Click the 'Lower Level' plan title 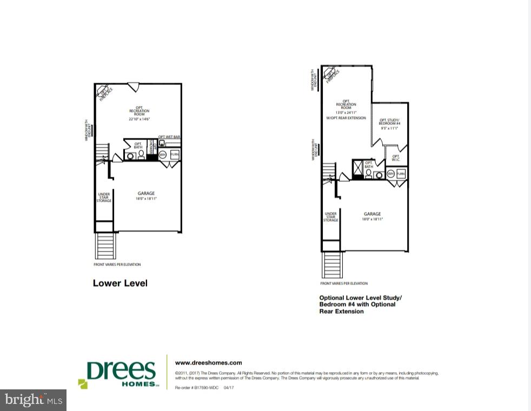(120, 283)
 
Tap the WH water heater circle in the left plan (163, 155)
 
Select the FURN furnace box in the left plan (174, 155)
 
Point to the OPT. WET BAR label (169, 137)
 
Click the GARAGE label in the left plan (146, 193)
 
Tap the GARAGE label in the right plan (372, 214)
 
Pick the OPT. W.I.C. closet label (396, 157)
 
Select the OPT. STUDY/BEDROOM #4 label (389, 122)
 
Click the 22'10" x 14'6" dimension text (139, 119)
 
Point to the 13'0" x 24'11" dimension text (346, 112)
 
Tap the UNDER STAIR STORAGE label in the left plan (104, 197)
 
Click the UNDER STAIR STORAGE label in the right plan (330, 217)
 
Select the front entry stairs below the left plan (105, 246)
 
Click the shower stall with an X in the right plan (357, 170)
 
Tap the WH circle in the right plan (390, 174)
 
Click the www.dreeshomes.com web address (209, 363)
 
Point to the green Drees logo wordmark (121, 372)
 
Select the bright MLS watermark (33, 400)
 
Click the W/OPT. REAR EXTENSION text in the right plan (346, 118)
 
